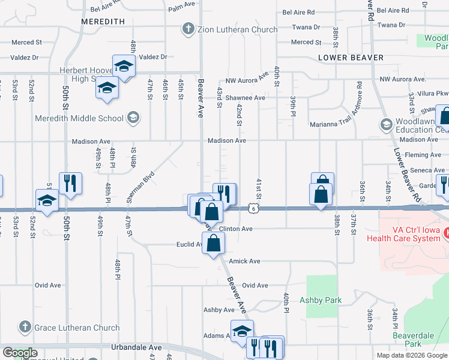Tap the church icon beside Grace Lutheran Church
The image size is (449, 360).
25,328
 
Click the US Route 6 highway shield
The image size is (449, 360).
255,208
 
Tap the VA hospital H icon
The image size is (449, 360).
445,232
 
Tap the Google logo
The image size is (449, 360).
20,353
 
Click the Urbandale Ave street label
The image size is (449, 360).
137,347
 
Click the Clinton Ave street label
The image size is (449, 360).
236,229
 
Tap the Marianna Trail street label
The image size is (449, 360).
328,108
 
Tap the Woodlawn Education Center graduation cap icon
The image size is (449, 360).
387,125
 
